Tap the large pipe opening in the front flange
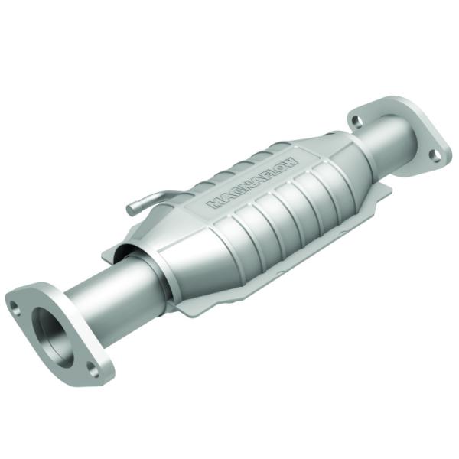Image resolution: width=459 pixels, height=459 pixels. click(50, 330)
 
